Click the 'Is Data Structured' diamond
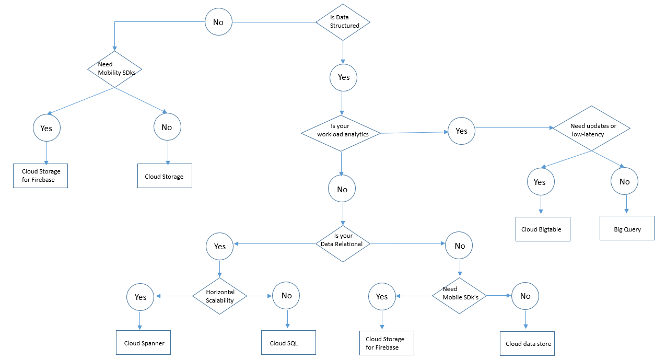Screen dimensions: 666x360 (343, 22)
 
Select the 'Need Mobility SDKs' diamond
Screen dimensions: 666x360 (114, 69)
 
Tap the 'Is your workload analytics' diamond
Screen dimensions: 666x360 (341, 133)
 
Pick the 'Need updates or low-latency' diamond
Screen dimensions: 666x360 (591, 128)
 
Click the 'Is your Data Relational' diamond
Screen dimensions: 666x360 (343, 243)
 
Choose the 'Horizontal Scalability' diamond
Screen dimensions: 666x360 (220, 296)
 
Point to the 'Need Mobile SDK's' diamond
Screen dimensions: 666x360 (459, 296)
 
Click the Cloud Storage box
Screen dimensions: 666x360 (165, 176)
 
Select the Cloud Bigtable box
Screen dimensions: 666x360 (543, 229)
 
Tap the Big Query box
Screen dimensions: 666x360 (627, 228)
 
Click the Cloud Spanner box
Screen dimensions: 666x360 (143, 342)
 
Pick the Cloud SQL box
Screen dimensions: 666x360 (288, 342)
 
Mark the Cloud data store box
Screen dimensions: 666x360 (527, 344)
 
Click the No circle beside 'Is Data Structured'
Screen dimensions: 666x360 (218, 22)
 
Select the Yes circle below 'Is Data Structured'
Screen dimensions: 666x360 (343, 78)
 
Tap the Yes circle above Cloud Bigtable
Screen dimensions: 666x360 (541, 182)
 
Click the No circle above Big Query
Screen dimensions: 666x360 (624, 181)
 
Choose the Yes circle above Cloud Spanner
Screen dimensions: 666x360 (141, 297)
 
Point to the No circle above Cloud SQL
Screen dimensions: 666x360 (286, 295)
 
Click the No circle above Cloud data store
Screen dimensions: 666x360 (525, 296)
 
